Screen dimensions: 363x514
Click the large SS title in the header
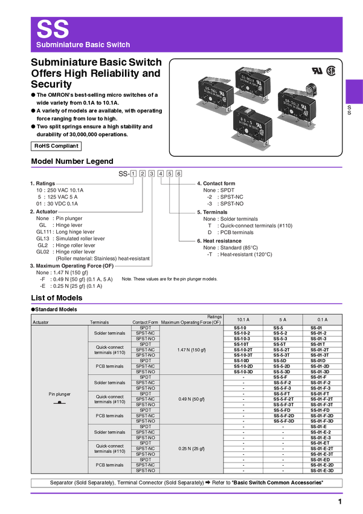pyautogui.click(x=53, y=29)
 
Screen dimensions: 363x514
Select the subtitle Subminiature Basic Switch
pyautogui.click(x=83, y=45)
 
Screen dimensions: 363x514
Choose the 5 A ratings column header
pyautogui.click(x=283, y=319)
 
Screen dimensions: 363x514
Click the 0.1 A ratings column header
pyautogui.click(x=322, y=319)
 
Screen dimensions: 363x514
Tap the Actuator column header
pyautogui.click(x=40, y=322)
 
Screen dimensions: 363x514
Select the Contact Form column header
pyautogui.click(x=145, y=322)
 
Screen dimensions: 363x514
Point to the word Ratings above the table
pyautogui.click(x=214, y=316)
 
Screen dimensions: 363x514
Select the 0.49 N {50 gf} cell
pyautogui.click(x=191, y=399)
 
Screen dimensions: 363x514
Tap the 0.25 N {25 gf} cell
pyautogui.click(x=191, y=449)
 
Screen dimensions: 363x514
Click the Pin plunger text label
pyautogui.click(x=60, y=394)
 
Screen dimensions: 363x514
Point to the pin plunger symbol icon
pyautogui.click(x=60, y=402)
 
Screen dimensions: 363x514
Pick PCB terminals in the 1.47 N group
pyautogui.click(x=110, y=366)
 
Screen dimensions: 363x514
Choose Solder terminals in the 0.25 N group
pyautogui.click(x=110, y=432)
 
